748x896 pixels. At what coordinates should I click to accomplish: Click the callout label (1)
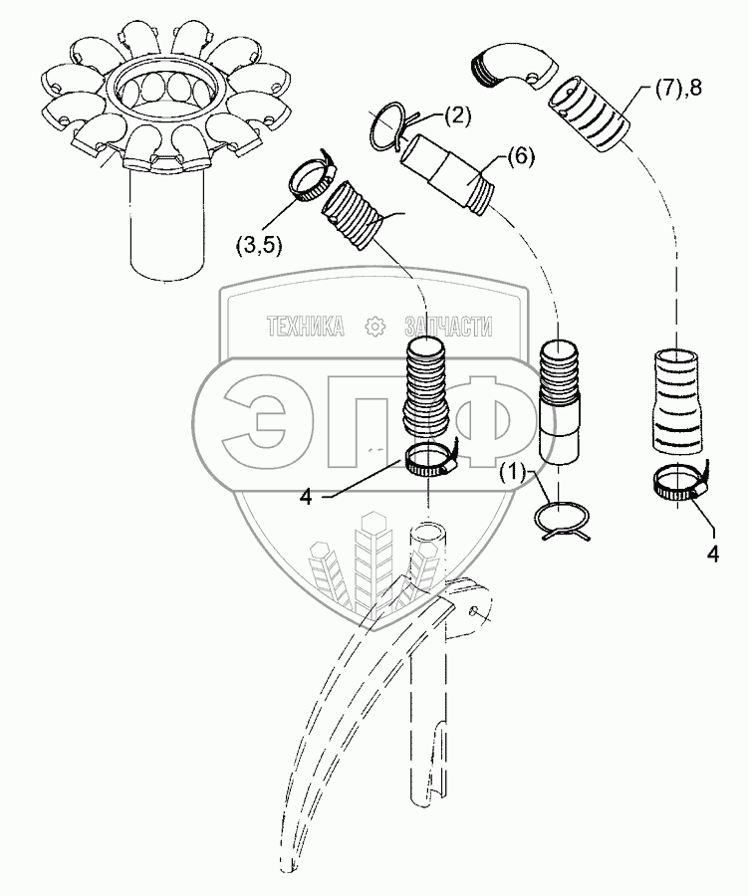tap(515, 470)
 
